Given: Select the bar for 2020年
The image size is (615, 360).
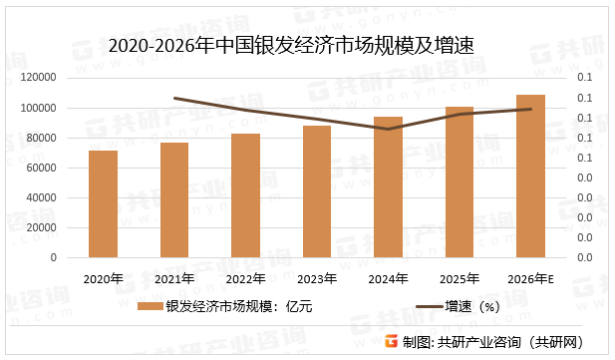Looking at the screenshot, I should click(103, 203).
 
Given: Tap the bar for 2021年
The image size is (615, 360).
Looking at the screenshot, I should click(174, 199).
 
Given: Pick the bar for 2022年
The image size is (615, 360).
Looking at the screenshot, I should click(245, 195).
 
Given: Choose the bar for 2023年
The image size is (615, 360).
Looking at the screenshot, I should click(317, 191).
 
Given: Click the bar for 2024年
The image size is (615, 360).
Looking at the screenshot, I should click(388, 187).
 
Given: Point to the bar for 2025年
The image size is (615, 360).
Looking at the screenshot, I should click(460, 181).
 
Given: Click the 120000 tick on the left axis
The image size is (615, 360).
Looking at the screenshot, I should click(39, 78).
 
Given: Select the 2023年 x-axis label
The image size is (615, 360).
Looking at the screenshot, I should click(317, 278).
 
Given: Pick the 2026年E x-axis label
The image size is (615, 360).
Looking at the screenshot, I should click(531, 278).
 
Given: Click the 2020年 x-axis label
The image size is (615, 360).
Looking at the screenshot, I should click(103, 278).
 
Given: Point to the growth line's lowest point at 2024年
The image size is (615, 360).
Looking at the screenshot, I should click(388, 129).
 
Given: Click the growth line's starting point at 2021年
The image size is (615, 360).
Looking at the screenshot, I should click(174, 98).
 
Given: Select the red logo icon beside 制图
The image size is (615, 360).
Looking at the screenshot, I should click(391, 341).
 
